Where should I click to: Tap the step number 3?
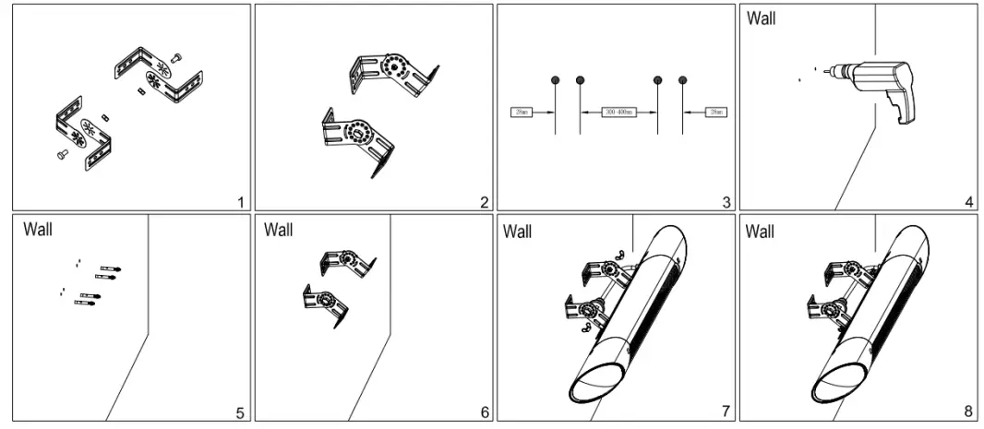coord(726,202)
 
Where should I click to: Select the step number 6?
coord(484,412)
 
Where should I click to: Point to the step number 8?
coord(968,412)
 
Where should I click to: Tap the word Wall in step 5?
coord(37,228)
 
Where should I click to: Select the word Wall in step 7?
coord(518,231)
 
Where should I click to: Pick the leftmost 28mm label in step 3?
coord(522,113)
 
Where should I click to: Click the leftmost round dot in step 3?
coord(554,80)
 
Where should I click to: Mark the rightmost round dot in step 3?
coord(683,80)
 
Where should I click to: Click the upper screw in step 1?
coord(177,57)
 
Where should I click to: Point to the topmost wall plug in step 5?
coord(115,268)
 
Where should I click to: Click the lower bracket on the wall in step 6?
coord(328,304)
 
